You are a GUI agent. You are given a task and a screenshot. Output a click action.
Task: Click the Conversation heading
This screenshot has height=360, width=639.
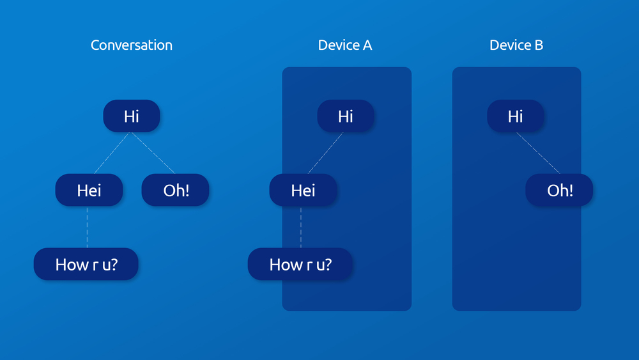pyautogui.click(x=131, y=45)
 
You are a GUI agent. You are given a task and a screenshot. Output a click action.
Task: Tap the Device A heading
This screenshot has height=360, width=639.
pyautogui.click(x=345, y=45)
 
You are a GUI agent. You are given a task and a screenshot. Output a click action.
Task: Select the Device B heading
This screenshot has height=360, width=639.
pyautogui.click(x=516, y=45)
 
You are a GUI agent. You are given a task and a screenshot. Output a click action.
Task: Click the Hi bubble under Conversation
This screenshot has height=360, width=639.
pyautogui.click(x=132, y=116)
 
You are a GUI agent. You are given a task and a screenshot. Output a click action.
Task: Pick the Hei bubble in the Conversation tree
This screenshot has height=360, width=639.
pyautogui.click(x=89, y=190)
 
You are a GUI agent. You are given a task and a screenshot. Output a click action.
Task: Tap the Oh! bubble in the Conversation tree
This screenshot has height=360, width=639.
pyautogui.click(x=175, y=190)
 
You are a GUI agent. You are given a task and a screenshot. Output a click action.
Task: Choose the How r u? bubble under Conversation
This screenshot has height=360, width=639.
pyautogui.click(x=86, y=264)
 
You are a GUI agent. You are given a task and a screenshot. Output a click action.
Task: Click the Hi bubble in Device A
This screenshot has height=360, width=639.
pyautogui.click(x=346, y=116)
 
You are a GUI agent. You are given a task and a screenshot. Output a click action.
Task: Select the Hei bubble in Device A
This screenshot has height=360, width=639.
pyautogui.click(x=303, y=190)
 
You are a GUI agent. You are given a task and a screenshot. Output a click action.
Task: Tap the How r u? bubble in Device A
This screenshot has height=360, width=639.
pyautogui.click(x=300, y=264)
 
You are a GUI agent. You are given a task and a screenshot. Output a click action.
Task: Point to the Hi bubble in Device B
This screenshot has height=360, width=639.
pyautogui.click(x=515, y=116)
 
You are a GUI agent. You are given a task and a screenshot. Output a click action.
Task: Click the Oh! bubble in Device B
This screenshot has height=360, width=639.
pyautogui.click(x=559, y=190)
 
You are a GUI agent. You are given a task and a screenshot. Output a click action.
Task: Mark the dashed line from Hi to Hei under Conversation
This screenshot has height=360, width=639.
pyautogui.click(x=112, y=153)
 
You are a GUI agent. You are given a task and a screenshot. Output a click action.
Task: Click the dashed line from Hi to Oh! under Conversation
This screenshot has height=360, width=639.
pyautogui.click(x=153, y=153)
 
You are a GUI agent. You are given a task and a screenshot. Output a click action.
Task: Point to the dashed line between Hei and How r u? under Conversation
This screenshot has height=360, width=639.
pyautogui.click(x=87, y=227)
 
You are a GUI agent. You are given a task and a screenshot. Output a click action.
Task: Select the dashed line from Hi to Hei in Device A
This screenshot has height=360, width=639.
pyautogui.click(x=326, y=153)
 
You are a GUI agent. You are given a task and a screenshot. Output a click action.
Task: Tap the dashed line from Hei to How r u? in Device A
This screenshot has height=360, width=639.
pyautogui.click(x=301, y=227)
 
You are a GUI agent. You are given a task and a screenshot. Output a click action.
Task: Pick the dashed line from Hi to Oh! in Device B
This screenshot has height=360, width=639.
pyautogui.click(x=538, y=153)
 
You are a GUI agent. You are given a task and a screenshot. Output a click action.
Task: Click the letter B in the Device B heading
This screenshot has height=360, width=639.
pyautogui.click(x=539, y=45)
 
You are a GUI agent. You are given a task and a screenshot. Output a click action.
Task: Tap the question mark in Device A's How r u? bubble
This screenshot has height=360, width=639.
pyautogui.click(x=328, y=264)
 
